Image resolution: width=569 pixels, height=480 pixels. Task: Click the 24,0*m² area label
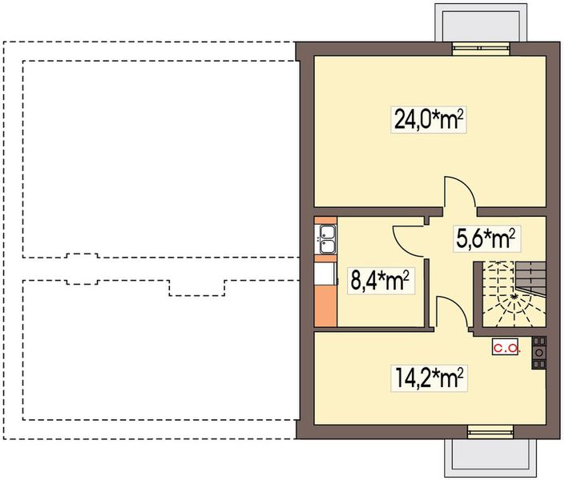point(430,120)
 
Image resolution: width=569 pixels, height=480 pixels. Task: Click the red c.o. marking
point(506,348)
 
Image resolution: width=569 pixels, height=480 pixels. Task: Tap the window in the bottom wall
point(489,433)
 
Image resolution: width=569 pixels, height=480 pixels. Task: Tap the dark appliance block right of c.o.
point(539,352)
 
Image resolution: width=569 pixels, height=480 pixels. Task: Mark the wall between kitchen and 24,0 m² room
point(369,212)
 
